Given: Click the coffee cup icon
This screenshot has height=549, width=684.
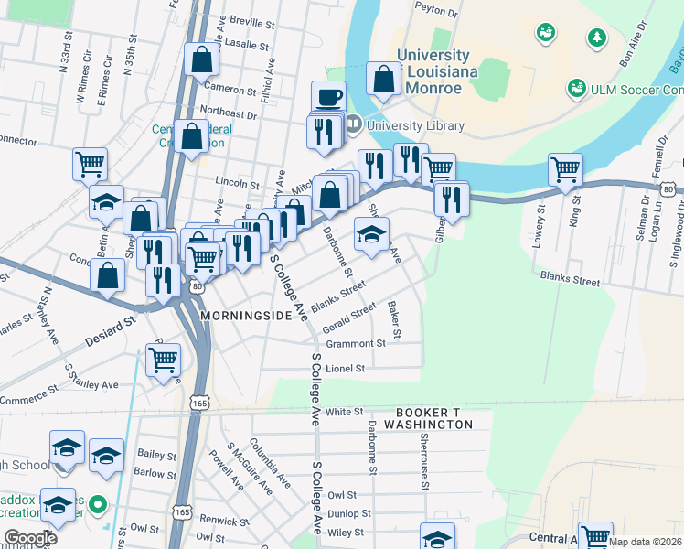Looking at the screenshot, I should (328, 96).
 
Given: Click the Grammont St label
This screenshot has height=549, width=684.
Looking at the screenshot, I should (357, 344).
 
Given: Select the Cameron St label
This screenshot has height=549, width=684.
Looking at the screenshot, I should (230, 90).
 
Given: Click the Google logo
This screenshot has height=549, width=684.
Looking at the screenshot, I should (30, 537).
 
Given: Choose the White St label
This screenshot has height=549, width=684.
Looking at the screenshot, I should (345, 412).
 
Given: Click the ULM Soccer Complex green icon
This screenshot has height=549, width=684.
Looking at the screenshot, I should (576, 89).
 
